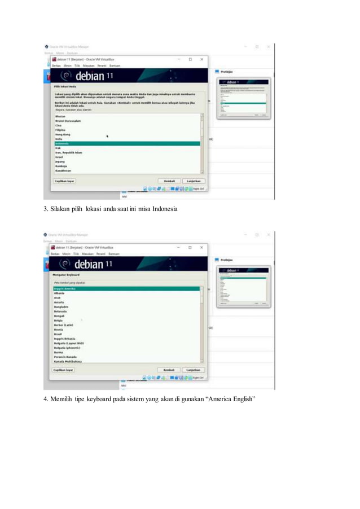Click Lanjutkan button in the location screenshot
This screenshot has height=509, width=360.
click(x=194, y=181)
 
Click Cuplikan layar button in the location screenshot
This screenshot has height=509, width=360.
click(x=64, y=181)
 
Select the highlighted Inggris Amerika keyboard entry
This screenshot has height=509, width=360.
click(x=64, y=288)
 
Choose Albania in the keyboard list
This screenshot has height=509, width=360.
click(x=59, y=293)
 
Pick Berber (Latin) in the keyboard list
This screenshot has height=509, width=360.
click(x=64, y=325)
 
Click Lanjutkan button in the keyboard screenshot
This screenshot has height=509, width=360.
click(x=194, y=370)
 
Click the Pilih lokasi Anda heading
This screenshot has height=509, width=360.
click(x=65, y=86)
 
